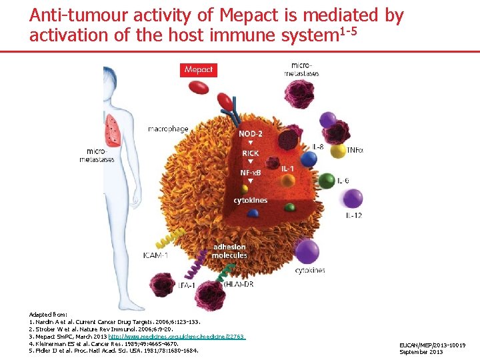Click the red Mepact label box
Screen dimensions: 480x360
[x=199, y=69]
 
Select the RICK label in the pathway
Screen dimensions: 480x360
[x=251, y=153]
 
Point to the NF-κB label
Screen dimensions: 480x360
[x=251, y=172]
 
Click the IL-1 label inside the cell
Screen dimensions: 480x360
[x=288, y=168]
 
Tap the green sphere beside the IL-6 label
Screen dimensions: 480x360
[x=326, y=180]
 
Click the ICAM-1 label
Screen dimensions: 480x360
[x=155, y=254]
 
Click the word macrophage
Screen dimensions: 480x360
[x=167, y=129]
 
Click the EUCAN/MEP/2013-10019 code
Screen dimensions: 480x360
[x=433, y=345]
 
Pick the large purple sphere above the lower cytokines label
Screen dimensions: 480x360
[x=307, y=252]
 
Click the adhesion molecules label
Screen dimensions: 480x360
[x=230, y=251]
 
